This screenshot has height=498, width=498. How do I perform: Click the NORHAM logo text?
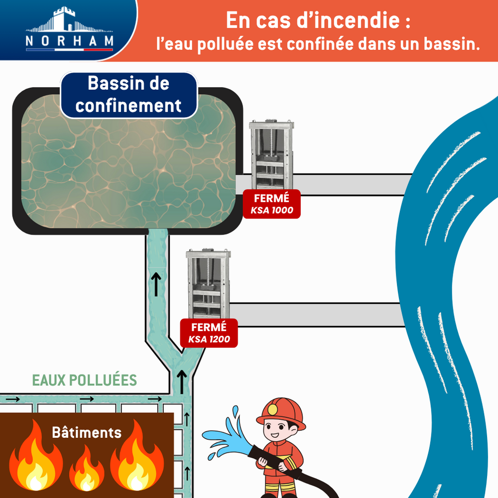(x=70, y=41)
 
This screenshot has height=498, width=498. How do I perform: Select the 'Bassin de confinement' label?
(x=128, y=95)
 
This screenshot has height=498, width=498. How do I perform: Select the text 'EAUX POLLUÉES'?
(x=84, y=380)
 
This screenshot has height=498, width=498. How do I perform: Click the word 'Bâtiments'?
(x=87, y=432)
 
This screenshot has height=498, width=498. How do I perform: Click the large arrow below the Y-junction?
(x=182, y=380)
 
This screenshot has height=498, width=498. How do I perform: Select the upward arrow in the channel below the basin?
(x=157, y=284)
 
